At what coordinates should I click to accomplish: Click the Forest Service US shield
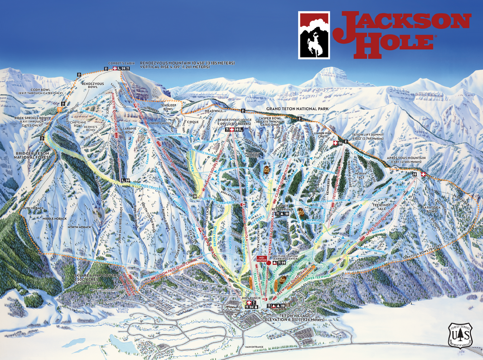click(460, 336)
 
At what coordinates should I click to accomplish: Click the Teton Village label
click(284, 316)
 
